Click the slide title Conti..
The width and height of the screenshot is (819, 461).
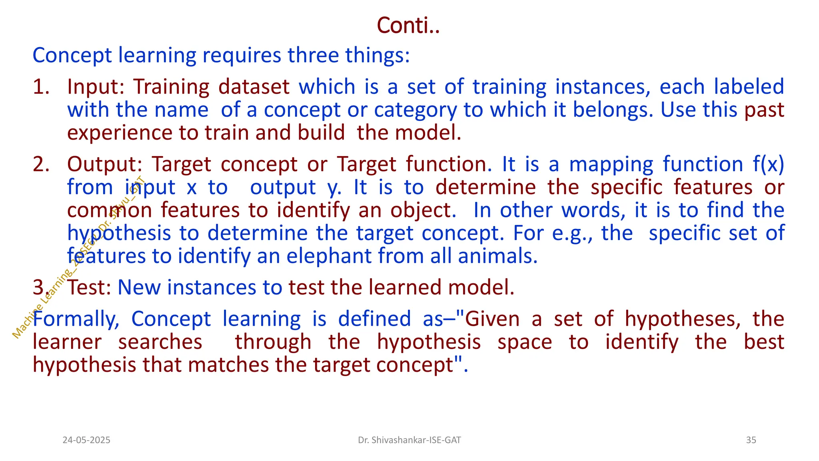click(x=408, y=26)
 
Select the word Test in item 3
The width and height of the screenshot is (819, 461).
click(x=89, y=287)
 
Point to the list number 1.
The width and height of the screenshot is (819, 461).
click(x=41, y=87)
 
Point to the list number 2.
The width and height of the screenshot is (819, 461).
click(x=41, y=164)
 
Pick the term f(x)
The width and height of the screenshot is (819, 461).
click(x=768, y=164)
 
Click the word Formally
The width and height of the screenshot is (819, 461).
click(x=76, y=319)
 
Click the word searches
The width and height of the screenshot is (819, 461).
click(x=160, y=342)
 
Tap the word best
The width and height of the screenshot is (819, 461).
click(x=764, y=342)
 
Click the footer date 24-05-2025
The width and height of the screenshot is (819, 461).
click(x=86, y=440)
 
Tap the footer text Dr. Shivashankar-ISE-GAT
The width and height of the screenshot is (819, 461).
click(x=409, y=440)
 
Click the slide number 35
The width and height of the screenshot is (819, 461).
click(x=751, y=440)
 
